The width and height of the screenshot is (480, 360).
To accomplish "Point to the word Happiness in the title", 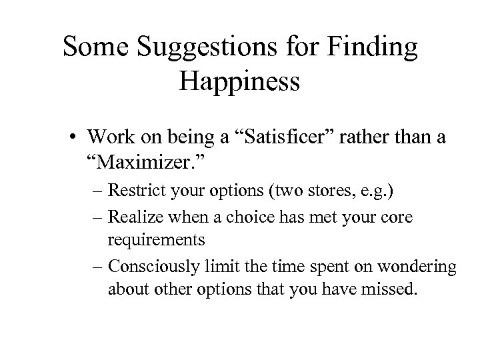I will click(240, 82).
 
